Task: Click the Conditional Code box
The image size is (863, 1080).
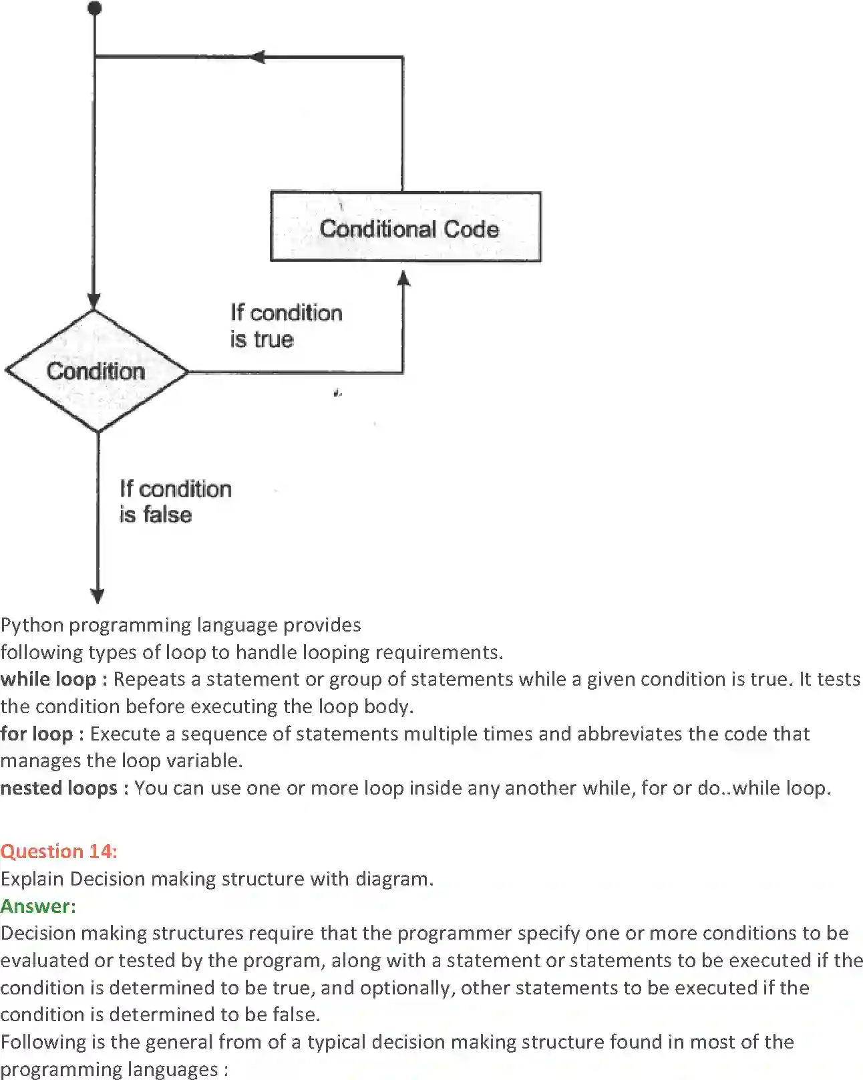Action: point(405,227)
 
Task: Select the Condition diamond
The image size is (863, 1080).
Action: point(96,371)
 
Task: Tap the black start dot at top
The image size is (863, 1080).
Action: point(95,8)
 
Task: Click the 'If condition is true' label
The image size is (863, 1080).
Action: point(286,325)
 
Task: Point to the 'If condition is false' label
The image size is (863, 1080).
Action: point(175,501)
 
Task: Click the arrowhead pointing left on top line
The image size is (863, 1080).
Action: point(257,57)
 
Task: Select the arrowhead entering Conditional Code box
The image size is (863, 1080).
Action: point(403,278)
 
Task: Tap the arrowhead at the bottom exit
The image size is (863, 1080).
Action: point(98,595)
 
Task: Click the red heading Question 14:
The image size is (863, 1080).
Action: point(59,851)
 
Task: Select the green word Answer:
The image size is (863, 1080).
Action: point(38,906)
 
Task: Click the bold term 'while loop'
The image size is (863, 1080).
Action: point(48,679)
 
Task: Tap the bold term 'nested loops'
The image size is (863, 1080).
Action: point(59,788)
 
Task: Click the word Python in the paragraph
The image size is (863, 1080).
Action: point(32,625)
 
